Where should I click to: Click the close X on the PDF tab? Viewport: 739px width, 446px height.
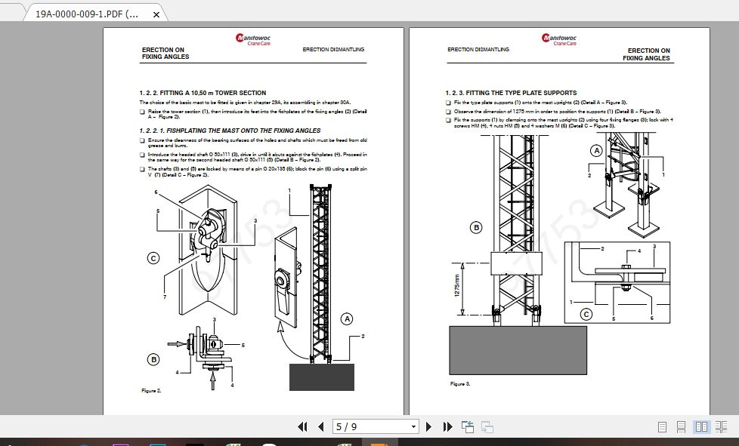click(x=156, y=14)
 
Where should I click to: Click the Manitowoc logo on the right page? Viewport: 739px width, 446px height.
click(x=558, y=39)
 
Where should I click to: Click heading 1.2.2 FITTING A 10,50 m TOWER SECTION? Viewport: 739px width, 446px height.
click(x=203, y=93)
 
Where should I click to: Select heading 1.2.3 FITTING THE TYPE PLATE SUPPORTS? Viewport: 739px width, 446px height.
click(x=511, y=93)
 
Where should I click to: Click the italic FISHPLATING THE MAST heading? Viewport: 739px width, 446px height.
click(x=230, y=131)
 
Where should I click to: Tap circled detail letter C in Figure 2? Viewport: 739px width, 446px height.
click(x=153, y=258)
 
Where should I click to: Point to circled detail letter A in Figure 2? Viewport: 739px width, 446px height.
click(x=348, y=318)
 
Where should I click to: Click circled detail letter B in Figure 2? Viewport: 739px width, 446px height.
click(x=153, y=359)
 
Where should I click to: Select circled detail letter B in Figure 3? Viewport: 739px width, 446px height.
click(x=476, y=226)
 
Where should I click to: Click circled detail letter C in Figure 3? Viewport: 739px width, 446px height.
click(x=586, y=315)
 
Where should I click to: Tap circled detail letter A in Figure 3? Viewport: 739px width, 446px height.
click(x=596, y=150)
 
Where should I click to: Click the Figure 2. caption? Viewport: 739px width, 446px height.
click(x=151, y=391)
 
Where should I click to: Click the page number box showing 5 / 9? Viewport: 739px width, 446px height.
click(x=376, y=427)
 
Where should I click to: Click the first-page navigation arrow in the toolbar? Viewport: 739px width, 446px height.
click(x=303, y=427)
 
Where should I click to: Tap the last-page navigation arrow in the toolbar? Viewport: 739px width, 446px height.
click(x=447, y=427)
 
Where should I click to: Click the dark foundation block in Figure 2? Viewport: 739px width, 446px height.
click(x=321, y=377)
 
